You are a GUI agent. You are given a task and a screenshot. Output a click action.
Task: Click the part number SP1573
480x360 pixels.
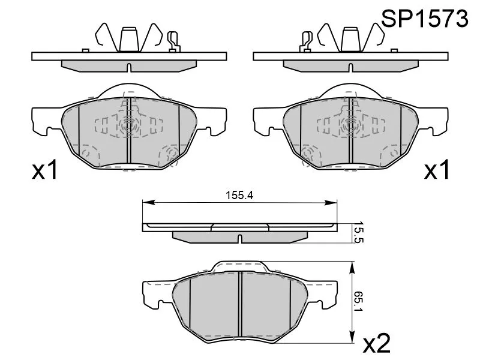424,19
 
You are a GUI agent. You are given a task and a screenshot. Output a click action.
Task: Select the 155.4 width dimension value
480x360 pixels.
239,196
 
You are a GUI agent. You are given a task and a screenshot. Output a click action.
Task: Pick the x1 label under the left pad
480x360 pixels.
45,170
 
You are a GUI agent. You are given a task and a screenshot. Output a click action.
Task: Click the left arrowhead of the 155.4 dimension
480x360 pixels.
149,202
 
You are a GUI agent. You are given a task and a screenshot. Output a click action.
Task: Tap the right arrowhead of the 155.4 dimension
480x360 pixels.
331,202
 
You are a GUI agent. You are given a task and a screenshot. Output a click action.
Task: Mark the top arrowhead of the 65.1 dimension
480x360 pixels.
352,267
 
